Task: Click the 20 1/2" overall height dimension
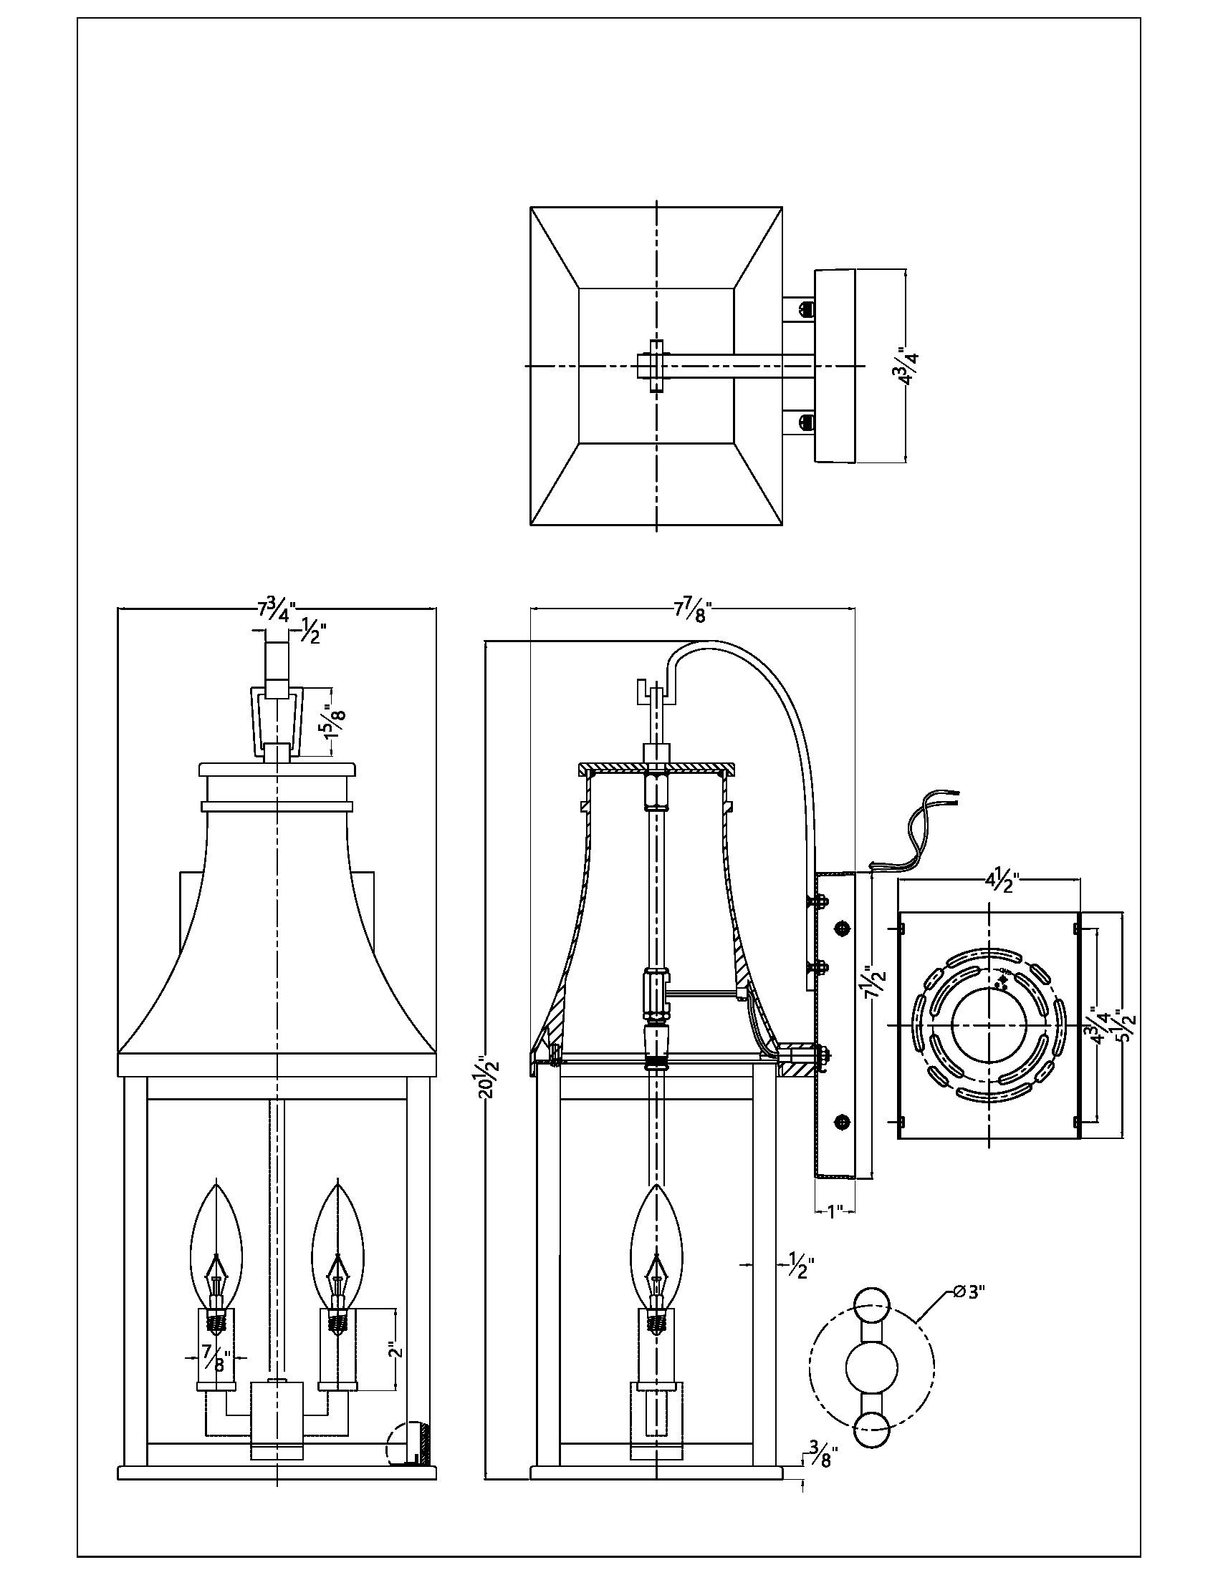[490, 1077]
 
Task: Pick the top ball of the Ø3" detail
[872, 1305]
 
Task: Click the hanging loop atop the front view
[277, 719]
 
